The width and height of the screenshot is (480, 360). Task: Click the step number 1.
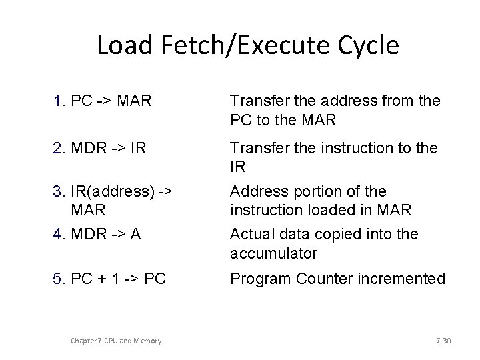tap(58, 102)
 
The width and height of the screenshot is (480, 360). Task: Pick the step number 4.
tap(58, 234)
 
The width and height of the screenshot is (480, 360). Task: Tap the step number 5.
tap(58, 278)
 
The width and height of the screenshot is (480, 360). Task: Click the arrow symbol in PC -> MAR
tap(103, 102)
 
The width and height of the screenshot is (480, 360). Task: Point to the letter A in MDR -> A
tap(135, 234)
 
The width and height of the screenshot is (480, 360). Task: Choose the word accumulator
tap(274, 253)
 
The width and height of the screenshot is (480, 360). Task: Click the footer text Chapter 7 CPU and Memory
tap(116, 341)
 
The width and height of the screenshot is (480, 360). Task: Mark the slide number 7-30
tap(443, 341)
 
